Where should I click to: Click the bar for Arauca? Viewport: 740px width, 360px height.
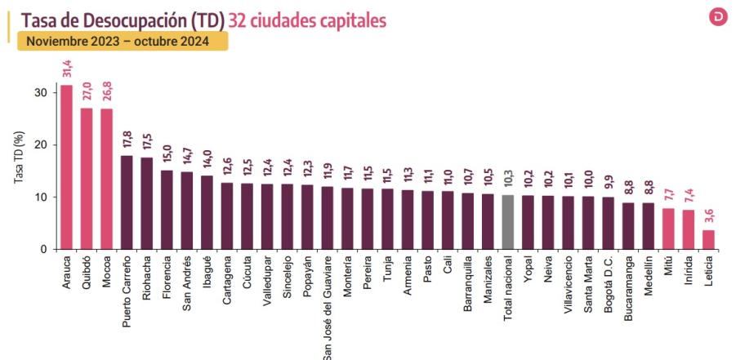click(x=66, y=167)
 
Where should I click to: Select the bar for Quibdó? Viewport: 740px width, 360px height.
click(x=87, y=179)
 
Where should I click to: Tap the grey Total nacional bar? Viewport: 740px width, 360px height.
click(x=507, y=222)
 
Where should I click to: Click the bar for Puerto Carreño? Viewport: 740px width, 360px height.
click(x=127, y=202)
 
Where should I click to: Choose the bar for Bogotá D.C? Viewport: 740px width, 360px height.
click(x=607, y=223)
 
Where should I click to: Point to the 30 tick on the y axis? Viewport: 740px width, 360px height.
click(x=41, y=93)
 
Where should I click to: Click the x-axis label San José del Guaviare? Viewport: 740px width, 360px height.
click(x=327, y=307)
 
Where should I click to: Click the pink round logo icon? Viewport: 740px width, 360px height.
click(x=719, y=17)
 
